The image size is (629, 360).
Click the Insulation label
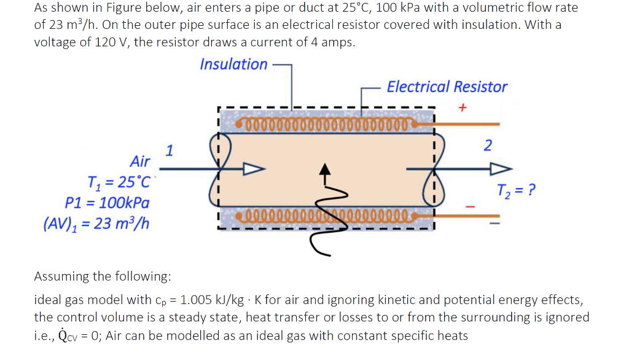[x=233, y=65]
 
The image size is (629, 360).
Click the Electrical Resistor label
[x=447, y=87]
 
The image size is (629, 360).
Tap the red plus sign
[x=463, y=107]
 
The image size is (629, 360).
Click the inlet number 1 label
[x=170, y=149]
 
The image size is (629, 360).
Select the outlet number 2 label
[x=488, y=146]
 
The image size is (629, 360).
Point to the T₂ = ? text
[x=516, y=189]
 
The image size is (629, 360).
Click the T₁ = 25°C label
[x=120, y=182]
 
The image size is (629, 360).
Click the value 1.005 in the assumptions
[x=196, y=300]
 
